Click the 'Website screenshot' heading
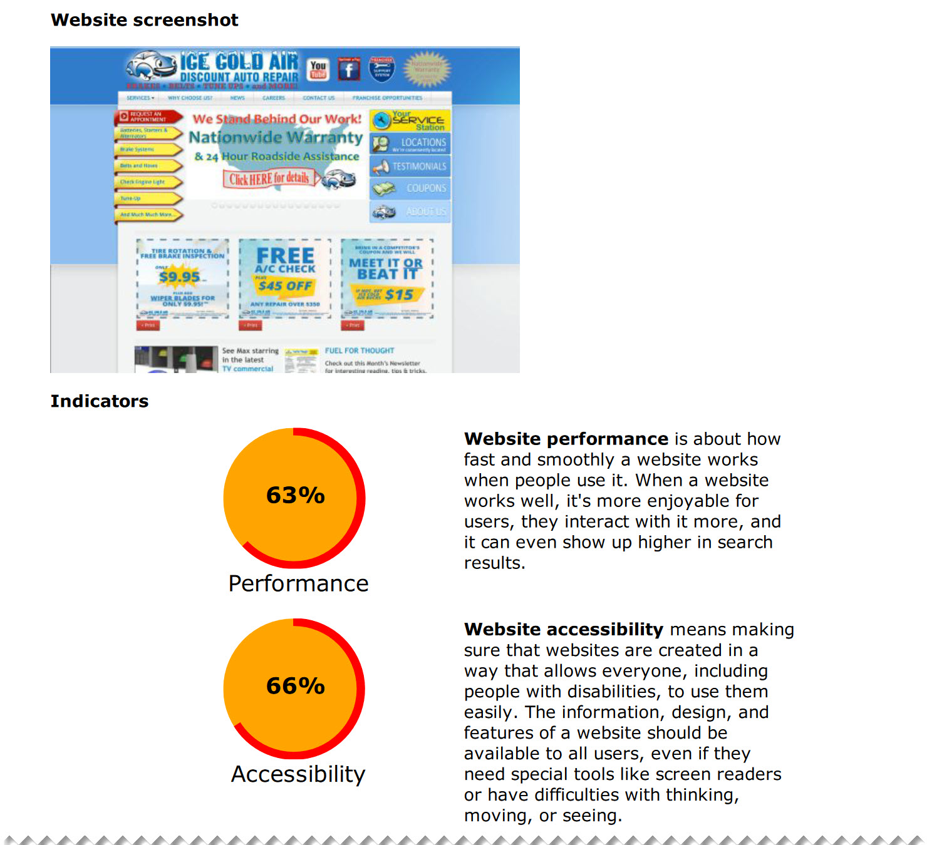(145, 20)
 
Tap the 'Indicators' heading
(100, 401)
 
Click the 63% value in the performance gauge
(295, 495)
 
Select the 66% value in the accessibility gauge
(295, 686)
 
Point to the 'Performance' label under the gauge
(298, 583)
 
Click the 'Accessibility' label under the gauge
(298, 774)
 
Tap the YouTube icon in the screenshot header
(318, 69)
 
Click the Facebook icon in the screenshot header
(349, 69)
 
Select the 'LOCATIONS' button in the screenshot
(410, 144)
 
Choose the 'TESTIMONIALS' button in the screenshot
(410, 166)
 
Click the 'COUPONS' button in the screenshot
(410, 188)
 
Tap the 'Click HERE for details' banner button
(269, 179)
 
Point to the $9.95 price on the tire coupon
(180, 277)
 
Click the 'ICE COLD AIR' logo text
(239, 62)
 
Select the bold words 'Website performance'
(566, 439)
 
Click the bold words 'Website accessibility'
(564, 630)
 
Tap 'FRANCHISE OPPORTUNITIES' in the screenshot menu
(387, 98)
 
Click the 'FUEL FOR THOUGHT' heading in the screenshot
(360, 351)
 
